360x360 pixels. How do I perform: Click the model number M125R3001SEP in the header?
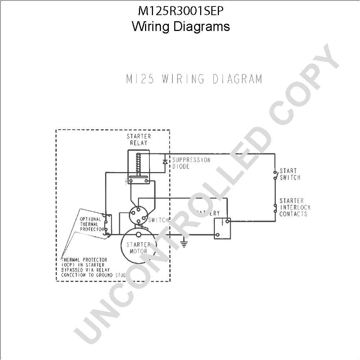pos(181,11)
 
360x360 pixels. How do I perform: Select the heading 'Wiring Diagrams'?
pos(181,26)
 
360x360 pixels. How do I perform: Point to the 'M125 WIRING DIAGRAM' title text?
pos(194,79)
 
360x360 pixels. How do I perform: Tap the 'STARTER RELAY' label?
pos(139,140)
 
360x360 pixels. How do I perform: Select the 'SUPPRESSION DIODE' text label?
pos(191,163)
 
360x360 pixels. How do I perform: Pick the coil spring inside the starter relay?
pos(137,164)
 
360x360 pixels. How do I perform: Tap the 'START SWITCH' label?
pos(289,174)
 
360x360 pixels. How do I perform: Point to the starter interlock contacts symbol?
pos(275,208)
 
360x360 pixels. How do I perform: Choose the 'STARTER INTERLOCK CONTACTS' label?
pos(294,207)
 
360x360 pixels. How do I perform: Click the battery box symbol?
pos(222,228)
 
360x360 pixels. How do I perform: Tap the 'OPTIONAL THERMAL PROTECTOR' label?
pos(90,224)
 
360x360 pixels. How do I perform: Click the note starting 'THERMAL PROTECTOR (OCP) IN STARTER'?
pos(93,267)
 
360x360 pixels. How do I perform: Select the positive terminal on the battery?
pos(227,221)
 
